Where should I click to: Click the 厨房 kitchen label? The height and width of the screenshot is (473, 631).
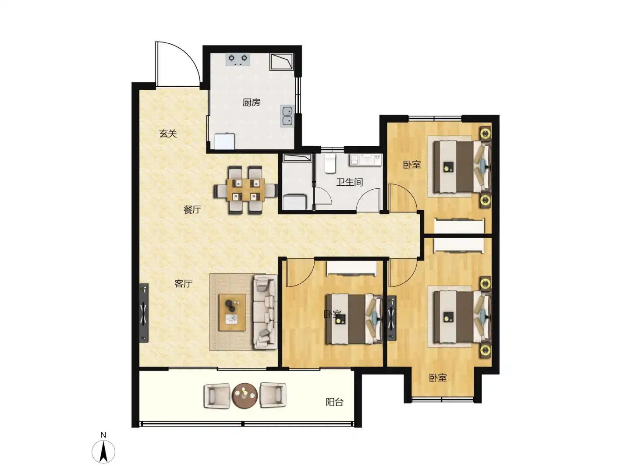pos(251,102)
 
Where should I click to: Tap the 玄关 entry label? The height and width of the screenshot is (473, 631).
pos(168,134)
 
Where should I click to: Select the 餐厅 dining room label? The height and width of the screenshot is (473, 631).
pos(192,210)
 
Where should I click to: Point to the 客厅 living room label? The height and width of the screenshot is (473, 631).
pos(183,284)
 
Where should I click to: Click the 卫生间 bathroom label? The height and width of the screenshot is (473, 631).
pos(350,182)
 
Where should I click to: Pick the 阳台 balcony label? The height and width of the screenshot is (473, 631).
pos(334,402)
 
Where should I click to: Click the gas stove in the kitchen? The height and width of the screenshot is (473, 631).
pos(238,60)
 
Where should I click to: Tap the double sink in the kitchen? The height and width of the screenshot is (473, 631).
pos(287,116)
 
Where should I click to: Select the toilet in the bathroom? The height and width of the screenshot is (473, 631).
pos(330,163)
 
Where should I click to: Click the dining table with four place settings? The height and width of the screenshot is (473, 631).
pos(245,190)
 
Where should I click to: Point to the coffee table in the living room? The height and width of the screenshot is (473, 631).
pos(232,312)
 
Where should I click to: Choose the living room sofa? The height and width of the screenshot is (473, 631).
pos(265,312)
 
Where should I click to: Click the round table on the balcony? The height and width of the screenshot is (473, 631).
pos(245,395)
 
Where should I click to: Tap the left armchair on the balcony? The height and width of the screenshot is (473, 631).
pos(217,395)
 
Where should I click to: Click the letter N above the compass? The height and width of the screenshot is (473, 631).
pos(103,435)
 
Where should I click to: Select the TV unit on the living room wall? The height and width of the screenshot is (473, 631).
pos(144,313)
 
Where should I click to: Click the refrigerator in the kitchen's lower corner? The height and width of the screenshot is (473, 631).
pos(224,141)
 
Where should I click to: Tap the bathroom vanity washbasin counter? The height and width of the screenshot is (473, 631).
pos(365,160)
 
